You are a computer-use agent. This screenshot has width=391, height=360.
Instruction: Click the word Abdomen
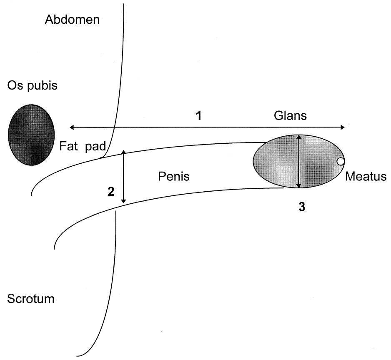73,20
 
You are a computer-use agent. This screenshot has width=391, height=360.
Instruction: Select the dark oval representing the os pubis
31,135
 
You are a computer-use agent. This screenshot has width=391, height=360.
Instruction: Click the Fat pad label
83,147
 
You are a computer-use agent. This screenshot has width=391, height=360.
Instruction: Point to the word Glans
290,116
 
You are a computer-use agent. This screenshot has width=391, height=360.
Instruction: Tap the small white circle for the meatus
341,161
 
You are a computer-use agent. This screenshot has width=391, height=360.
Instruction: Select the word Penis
174,177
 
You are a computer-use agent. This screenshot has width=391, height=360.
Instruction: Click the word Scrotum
31,299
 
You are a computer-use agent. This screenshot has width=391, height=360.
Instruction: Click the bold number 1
199,115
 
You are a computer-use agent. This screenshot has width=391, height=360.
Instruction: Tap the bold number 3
301,207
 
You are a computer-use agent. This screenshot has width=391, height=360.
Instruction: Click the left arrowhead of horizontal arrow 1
72,127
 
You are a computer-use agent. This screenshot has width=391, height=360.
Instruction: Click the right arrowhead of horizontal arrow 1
343,127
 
